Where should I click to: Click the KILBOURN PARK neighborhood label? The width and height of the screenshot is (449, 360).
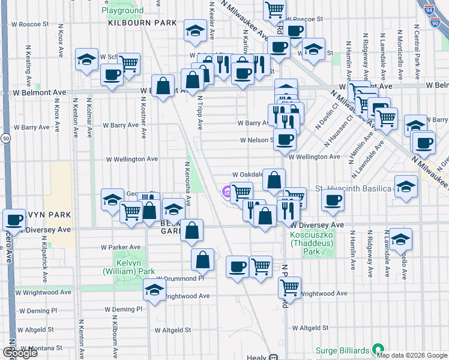click(x=143, y=23)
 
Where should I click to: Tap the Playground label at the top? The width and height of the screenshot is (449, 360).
click(x=122, y=10)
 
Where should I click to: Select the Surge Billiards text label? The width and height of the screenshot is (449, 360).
click(x=344, y=350)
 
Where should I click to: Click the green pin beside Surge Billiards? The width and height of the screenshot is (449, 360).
click(x=378, y=349)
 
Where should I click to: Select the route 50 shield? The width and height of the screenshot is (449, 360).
click(x=5, y=139)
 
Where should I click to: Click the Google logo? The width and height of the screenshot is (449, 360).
click(x=20, y=353)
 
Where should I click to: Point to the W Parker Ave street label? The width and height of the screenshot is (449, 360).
click(x=121, y=247)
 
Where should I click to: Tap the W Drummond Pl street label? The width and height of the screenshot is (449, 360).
click(x=180, y=278)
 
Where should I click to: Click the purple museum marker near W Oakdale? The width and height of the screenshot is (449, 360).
click(x=227, y=192)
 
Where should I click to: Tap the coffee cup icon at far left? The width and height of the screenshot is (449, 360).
click(x=13, y=220)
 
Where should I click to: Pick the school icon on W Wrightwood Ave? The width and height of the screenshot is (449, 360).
click(x=154, y=290)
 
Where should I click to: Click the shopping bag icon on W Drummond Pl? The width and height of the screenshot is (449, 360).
click(x=203, y=260)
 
